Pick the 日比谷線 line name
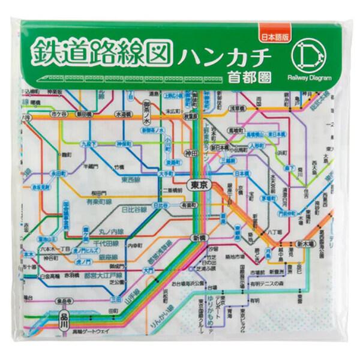point(134,210)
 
